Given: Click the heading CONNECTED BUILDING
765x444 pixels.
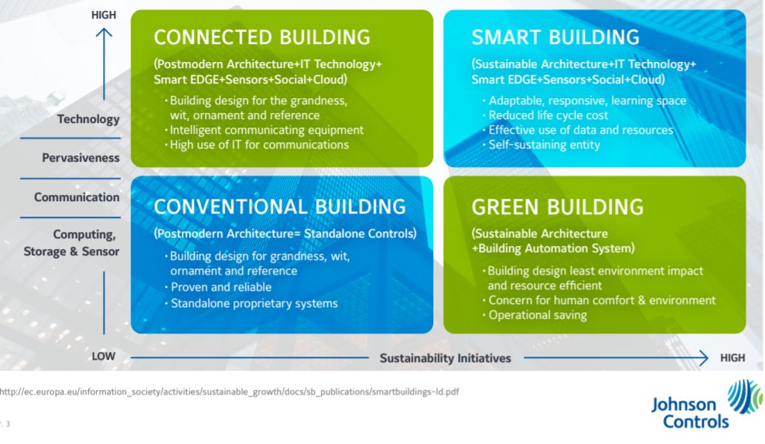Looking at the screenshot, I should pos(261,37).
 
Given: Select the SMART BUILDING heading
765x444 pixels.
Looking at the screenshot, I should pos(555,37).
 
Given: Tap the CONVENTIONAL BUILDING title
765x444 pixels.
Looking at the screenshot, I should pos(279,207).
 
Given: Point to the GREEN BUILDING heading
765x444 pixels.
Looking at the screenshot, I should pos(557,207).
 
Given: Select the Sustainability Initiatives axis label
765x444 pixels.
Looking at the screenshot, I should pos(445,357).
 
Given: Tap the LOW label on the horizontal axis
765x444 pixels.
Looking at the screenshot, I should pos(103,357).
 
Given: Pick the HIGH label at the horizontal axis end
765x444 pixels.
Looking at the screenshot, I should pos(732,357).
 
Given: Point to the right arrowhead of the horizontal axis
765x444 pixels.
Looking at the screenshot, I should pos(703,357).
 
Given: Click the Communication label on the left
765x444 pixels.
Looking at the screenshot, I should pos(77,197).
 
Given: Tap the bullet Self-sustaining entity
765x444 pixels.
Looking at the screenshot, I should pos(544,145).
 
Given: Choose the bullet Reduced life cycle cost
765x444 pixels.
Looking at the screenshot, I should pos(548,115).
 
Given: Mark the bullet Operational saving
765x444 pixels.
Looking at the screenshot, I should pos(538,315).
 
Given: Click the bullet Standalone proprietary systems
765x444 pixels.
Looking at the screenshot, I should pos(254,303).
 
